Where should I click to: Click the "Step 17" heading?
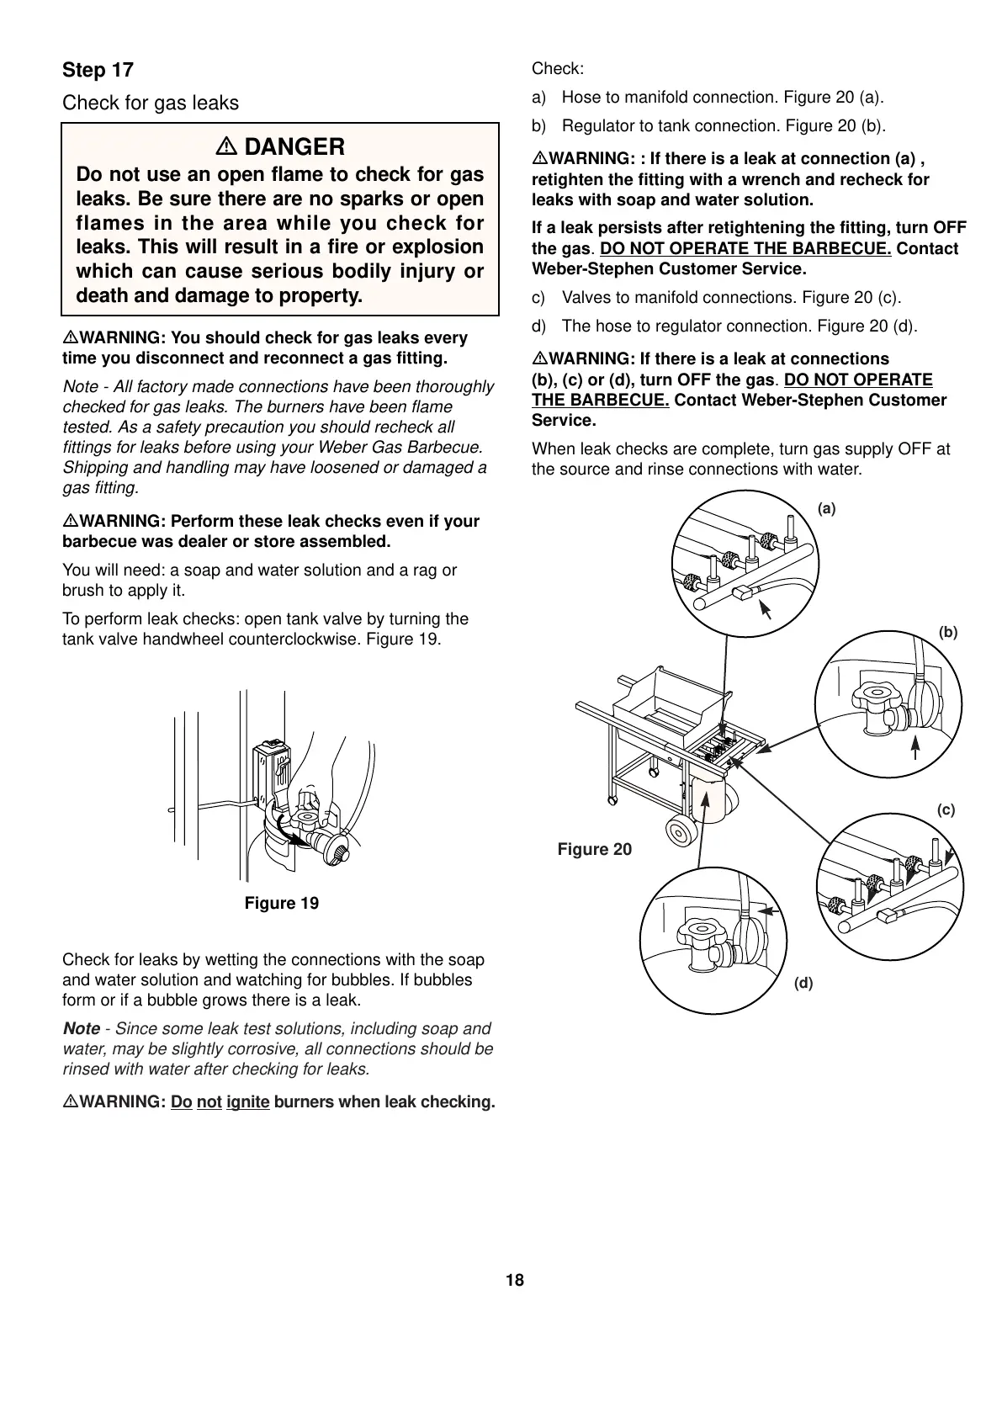(98, 70)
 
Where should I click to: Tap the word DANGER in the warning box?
(294, 147)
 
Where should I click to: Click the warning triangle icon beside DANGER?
(225, 147)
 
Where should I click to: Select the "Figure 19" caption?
(281, 904)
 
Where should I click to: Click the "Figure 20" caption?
(594, 850)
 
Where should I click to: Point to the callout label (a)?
(827, 508)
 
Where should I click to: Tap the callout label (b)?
(948, 632)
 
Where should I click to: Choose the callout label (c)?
(946, 810)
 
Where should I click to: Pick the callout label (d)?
(803, 982)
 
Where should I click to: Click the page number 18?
(515, 1281)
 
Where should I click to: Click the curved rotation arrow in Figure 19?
(290, 831)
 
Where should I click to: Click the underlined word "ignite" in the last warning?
(247, 1102)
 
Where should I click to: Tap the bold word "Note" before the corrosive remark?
(82, 1029)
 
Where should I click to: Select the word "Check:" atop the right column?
(558, 69)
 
